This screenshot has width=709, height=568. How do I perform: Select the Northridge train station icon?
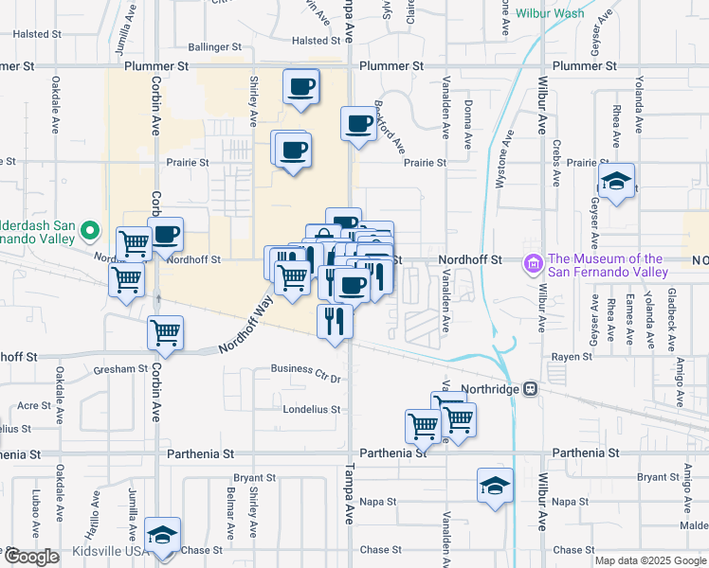tap(532, 388)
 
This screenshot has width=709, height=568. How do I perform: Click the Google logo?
tap(31, 557)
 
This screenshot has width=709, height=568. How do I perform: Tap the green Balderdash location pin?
tap(90, 230)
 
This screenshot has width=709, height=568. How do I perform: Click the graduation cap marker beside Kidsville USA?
tap(163, 536)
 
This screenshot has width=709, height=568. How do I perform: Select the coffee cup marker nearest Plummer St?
tap(300, 88)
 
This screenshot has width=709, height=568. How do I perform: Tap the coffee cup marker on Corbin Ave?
tap(166, 235)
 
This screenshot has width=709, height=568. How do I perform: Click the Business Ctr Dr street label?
tap(305, 372)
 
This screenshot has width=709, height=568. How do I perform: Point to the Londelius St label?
tap(313, 410)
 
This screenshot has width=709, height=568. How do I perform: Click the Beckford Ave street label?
tap(391, 127)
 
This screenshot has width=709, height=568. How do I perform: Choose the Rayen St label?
tap(573, 357)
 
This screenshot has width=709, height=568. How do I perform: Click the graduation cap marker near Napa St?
tap(495, 487)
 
